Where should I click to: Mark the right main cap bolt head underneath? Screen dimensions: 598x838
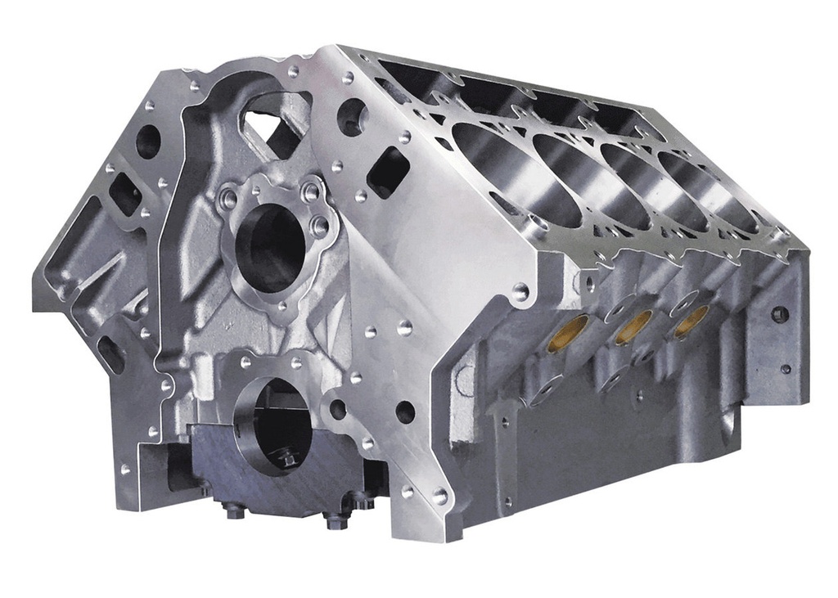point(336,518)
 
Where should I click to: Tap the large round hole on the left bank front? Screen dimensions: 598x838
point(148,142)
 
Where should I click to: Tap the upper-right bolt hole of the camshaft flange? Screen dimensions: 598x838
point(311,192)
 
